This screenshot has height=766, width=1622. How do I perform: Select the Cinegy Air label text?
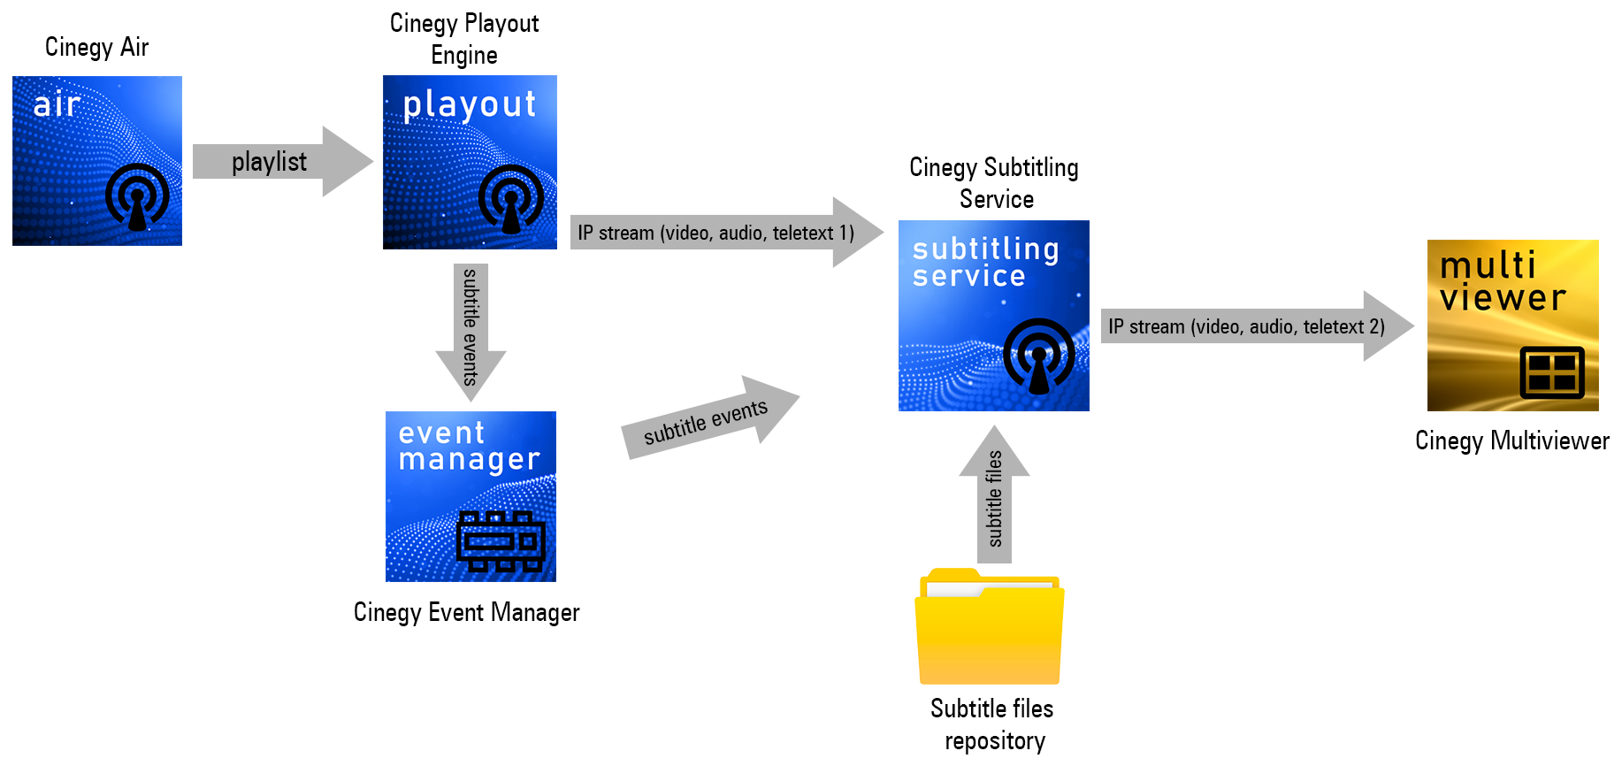coord(96,47)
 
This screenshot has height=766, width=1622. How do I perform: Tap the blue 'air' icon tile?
coord(97,161)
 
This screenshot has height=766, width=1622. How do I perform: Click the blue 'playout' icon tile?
coord(470,163)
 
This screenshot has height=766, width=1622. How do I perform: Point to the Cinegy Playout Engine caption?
coord(464,39)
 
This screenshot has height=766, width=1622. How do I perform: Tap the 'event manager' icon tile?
coord(471,496)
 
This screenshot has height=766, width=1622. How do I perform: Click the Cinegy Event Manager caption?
coord(466,612)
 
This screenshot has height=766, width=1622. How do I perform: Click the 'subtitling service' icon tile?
coord(993,316)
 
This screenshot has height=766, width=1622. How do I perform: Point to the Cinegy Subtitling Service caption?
coord(994,183)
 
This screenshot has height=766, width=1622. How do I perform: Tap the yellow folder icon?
coord(990,627)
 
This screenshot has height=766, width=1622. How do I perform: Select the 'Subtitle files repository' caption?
coord(992,724)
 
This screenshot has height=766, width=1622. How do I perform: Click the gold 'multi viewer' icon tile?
coord(1512,326)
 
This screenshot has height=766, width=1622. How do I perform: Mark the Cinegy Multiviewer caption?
coord(1511,440)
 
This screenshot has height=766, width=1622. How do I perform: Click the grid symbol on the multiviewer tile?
coord(1552,372)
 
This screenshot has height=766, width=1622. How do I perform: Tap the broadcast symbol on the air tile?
coord(137,196)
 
